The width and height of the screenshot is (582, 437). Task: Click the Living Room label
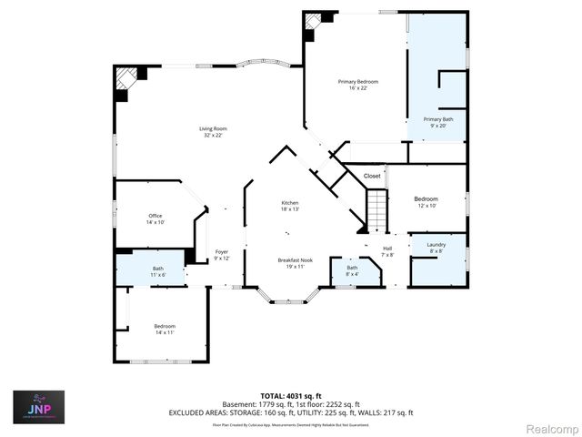click(213, 132)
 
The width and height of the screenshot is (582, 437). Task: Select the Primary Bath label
click(437, 123)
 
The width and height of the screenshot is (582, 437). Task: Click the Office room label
click(156, 218)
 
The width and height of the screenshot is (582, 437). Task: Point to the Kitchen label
click(290, 206)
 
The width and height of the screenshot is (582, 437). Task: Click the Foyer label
click(221, 255)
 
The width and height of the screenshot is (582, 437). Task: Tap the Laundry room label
click(436, 249)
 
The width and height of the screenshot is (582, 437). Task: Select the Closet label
click(372, 176)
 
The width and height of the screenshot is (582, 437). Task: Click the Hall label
click(386, 251)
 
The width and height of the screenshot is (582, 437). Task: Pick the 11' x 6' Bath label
click(158, 271)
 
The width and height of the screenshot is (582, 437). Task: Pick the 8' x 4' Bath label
click(352, 270)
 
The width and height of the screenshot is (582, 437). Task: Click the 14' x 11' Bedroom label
click(165, 329)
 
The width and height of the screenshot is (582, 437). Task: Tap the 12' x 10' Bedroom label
click(426, 202)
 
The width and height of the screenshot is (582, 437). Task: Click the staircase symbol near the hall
click(376, 211)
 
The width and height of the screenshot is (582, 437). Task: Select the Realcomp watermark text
click(547, 428)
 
